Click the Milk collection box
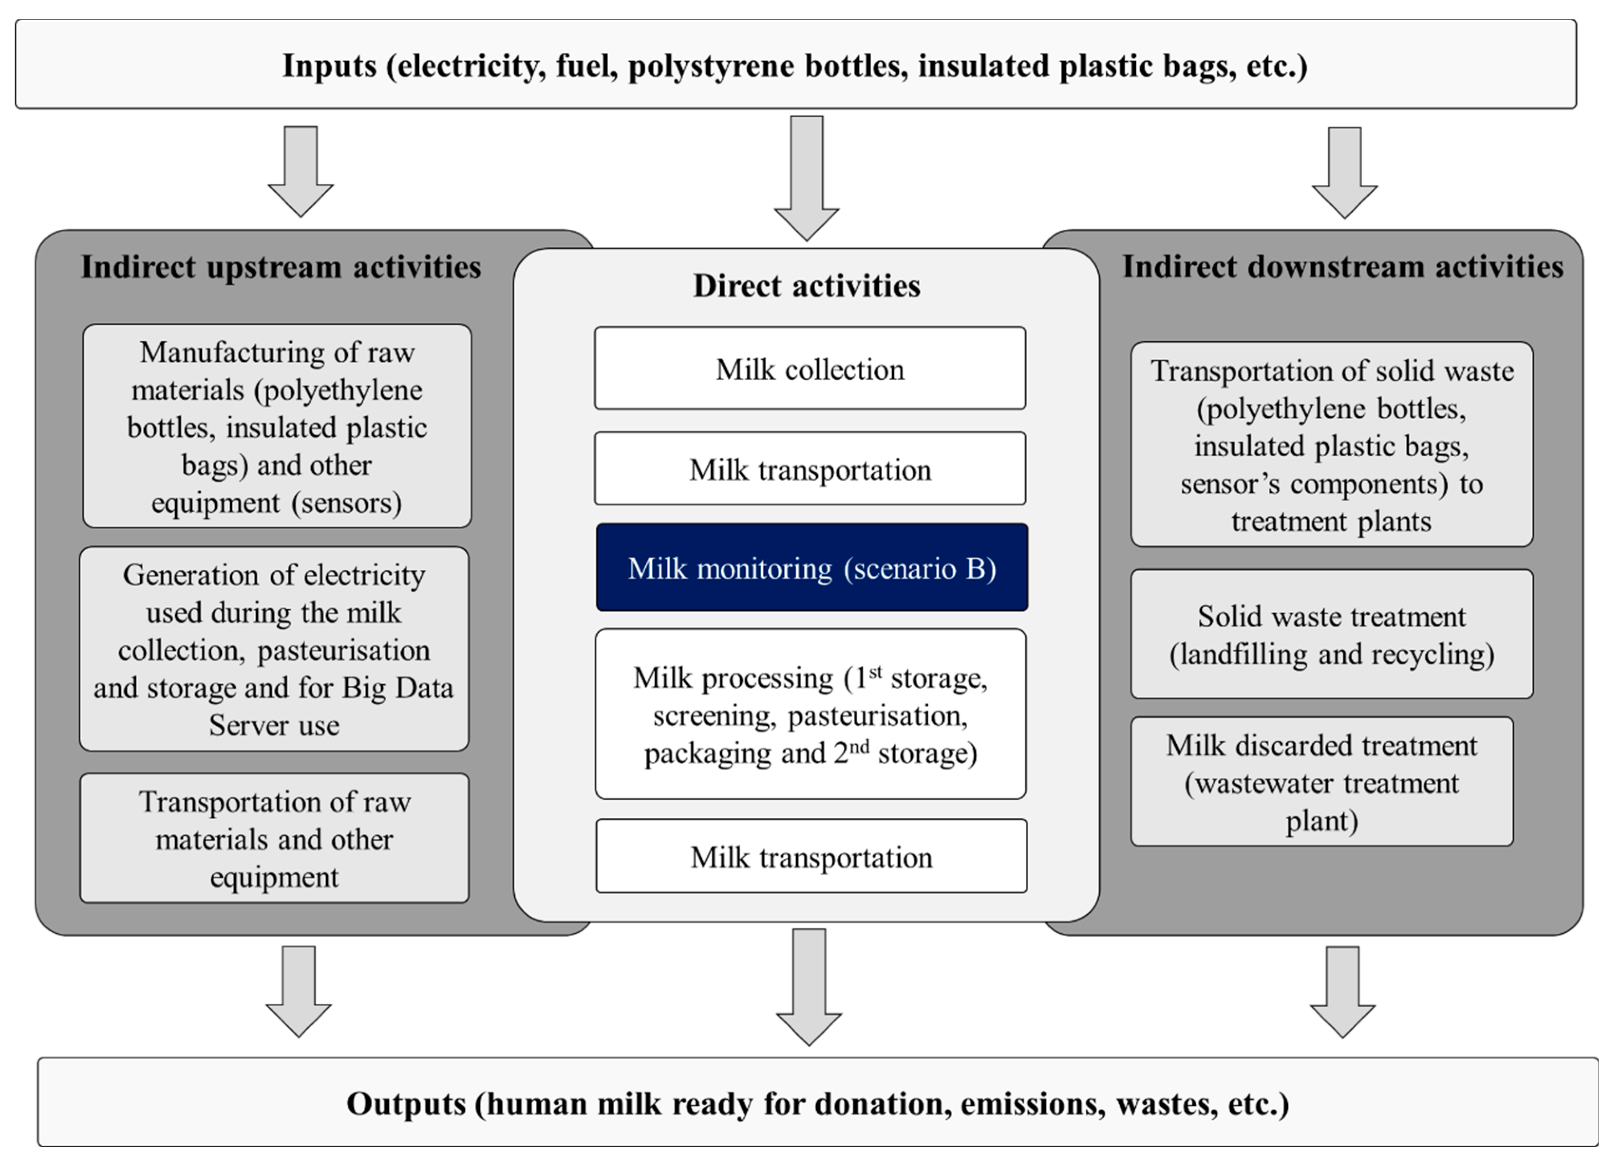point(810,368)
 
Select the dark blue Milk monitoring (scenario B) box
point(811,567)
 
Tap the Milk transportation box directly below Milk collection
point(810,469)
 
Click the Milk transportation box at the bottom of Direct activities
point(811,856)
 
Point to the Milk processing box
point(810,714)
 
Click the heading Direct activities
point(806,286)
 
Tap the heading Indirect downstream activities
point(1342,266)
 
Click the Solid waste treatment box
point(1331,634)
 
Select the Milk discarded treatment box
point(1321,782)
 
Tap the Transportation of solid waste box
point(1331,445)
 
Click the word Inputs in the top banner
point(329,66)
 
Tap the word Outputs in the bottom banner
point(405,1104)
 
